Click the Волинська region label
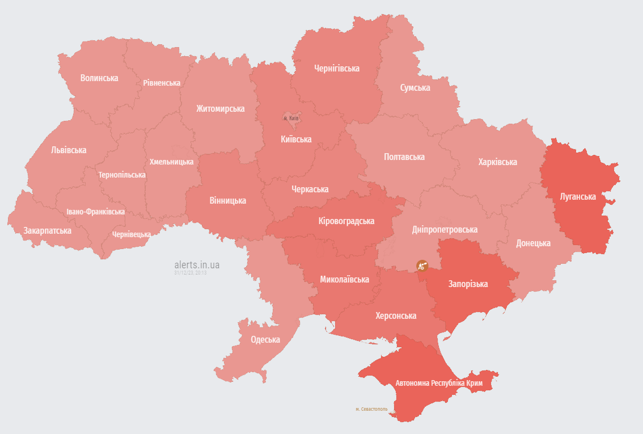click(x=99, y=78)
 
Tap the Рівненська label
click(x=162, y=83)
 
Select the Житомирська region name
click(x=221, y=108)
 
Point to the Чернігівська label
click(x=337, y=69)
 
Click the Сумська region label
click(x=415, y=88)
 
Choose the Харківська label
click(x=497, y=162)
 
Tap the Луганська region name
click(x=578, y=197)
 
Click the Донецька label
click(x=533, y=243)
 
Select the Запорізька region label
click(x=468, y=284)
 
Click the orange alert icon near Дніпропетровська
click(x=421, y=265)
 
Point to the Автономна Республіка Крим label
click(x=439, y=384)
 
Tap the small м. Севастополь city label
click(x=371, y=409)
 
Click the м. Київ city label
click(x=291, y=118)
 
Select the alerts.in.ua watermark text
click(x=197, y=264)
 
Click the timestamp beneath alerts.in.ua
click(x=191, y=273)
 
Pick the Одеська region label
click(x=265, y=340)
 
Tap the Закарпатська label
click(x=47, y=231)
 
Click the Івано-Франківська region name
click(x=95, y=212)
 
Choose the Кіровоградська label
click(x=346, y=221)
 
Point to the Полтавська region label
click(x=404, y=157)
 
